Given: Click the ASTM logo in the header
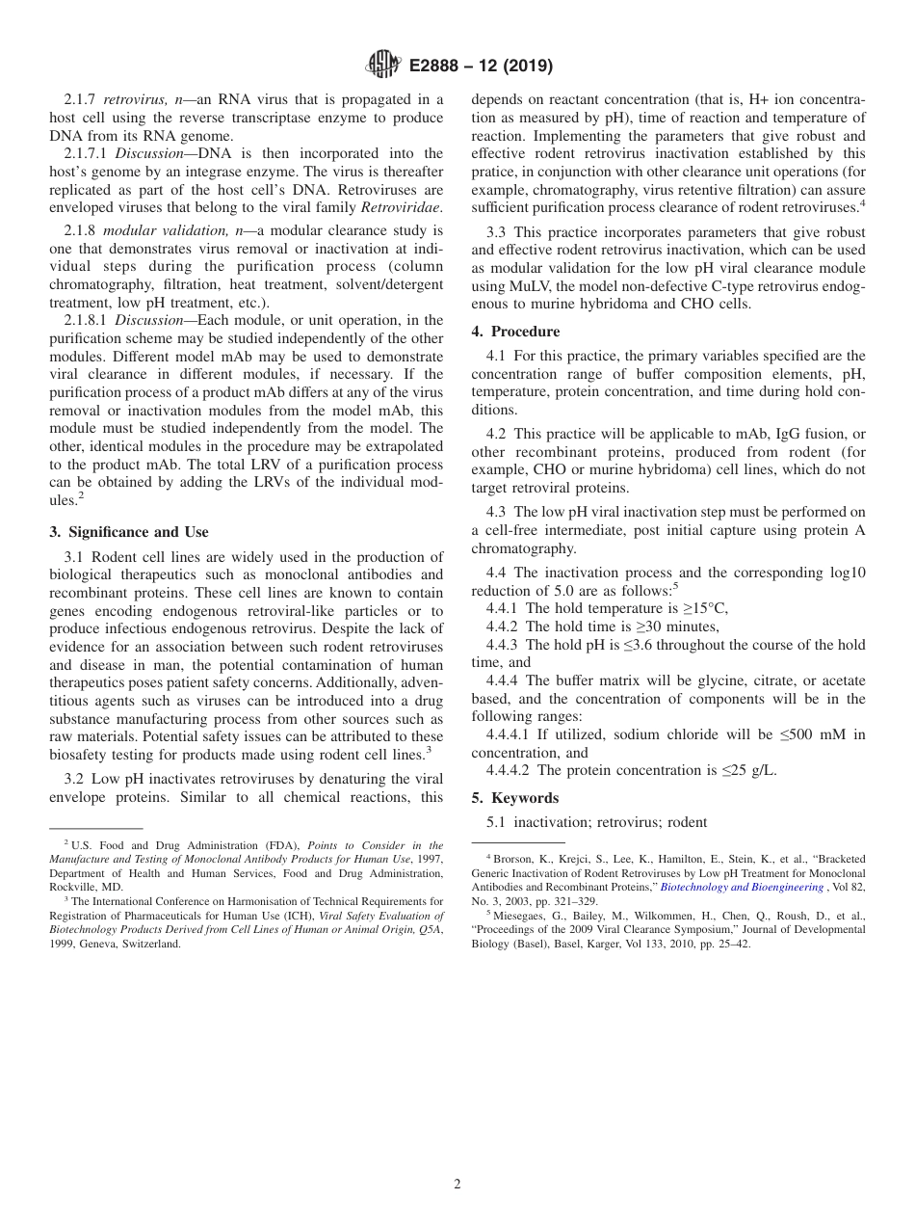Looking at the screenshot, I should pos(384,66).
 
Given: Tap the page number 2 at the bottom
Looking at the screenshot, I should pos(457,1184).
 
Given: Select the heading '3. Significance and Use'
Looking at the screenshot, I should pos(129,532).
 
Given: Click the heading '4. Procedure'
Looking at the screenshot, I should pos(515,332).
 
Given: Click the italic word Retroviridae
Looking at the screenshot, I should pos(401,207).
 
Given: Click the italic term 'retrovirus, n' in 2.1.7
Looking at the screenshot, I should pos(141,99).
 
